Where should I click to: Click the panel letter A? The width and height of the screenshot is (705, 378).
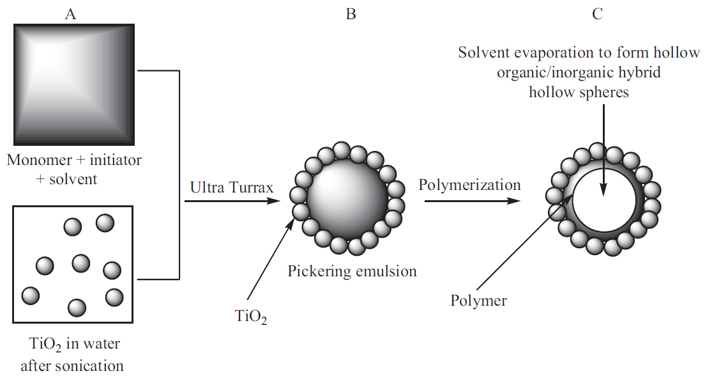click(x=70, y=15)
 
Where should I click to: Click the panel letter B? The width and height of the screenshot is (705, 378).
click(x=351, y=15)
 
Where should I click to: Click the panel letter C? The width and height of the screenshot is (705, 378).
click(x=597, y=15)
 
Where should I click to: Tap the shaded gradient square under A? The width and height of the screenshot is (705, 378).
click(x=74, y=84)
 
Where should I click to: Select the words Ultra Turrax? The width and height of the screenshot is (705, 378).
click(x=232, y=187)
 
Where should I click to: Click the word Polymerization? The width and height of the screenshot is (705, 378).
click(x=469, y=185)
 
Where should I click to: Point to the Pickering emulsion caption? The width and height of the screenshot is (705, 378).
click(x=352, y=271)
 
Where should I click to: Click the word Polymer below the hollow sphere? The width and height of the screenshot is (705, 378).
click(x=478, y=301)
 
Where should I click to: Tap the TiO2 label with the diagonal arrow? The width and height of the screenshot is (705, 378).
click(x=251, y=316)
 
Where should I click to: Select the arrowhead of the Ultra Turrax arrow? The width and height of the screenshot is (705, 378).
click(x=273, y=200)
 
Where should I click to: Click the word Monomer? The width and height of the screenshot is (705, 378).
click(x=40, y=160)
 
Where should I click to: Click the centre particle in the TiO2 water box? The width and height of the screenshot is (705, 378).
click(x=81, y=264)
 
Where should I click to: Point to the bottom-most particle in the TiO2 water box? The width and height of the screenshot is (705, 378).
click(x=77, y=308)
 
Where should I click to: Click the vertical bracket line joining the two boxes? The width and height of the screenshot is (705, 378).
click(x=179, y=175)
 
